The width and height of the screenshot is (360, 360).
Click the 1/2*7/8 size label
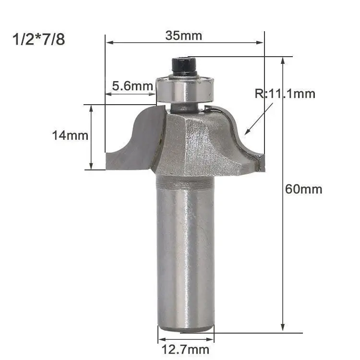(x=38, y=39)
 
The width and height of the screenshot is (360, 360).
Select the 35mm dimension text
(x=184, y=36)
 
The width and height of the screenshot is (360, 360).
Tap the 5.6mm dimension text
(x=132, y=86)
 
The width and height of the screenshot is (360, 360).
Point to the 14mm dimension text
(x=70, y=135)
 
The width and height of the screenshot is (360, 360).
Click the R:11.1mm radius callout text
(x=285, y=94)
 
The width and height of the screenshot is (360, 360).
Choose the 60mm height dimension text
(x=303, y=189)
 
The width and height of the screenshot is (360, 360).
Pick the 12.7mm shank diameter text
(x=185, y=349)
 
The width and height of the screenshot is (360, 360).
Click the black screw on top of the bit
(x=184, y=66)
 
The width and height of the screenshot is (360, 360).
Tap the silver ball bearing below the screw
(x=185, y=90)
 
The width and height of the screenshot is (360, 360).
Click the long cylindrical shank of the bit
(x=185, y=252)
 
